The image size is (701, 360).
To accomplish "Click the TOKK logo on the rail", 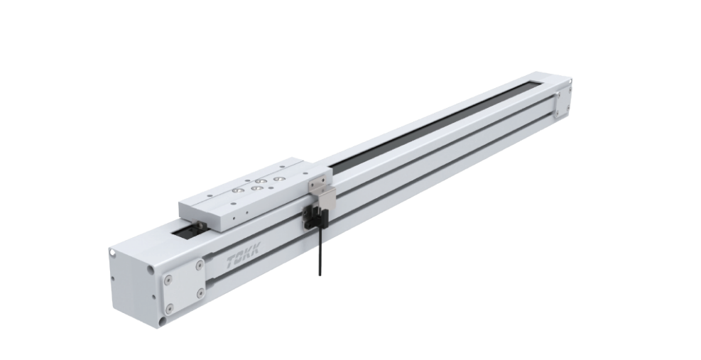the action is tap(243, 256).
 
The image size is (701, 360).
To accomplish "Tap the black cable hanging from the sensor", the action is tap(320, 251).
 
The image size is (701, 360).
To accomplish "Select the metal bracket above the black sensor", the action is tap(322, 188).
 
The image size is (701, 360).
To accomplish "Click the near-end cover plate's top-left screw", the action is tap(168, 280).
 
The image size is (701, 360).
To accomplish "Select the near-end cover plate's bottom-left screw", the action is tap(168, 309).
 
